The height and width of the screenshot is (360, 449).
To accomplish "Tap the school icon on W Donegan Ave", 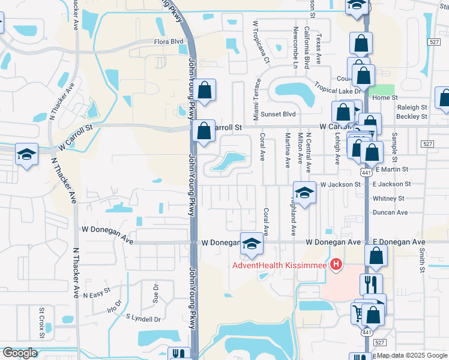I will (252, 243).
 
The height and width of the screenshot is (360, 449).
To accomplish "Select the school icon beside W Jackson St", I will (304, 193).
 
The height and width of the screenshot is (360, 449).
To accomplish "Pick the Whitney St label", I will (388, 199).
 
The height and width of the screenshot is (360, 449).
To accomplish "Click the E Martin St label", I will (390, 170).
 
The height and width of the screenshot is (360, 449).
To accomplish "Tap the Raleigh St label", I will (411, 107).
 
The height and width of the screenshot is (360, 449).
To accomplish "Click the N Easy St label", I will (98, 295).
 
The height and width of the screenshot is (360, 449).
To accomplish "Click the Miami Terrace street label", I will (257, 100).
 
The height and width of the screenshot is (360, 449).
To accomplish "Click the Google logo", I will (20, 353).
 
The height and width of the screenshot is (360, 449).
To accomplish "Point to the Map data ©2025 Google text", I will (412, 355).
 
